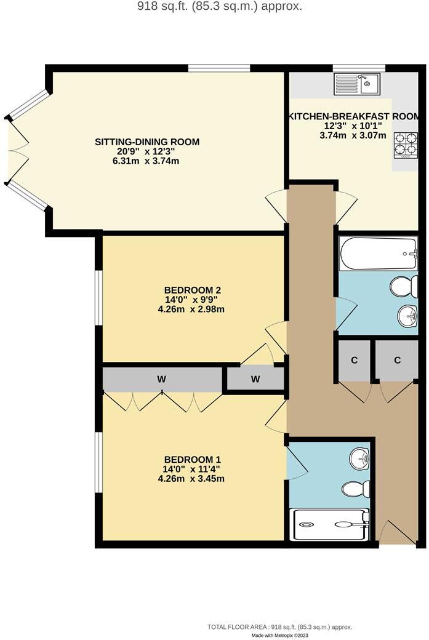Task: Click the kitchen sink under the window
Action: click(358, 84)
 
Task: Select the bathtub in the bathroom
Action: click(378, 254)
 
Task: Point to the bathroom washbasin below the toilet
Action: click(407, 317)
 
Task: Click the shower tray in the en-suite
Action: click(329, 524)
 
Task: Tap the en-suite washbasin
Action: click(359, 458)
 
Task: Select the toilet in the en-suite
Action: click(356, 489)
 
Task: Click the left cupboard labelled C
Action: click(354, 361)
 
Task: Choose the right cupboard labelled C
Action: click(397, 361)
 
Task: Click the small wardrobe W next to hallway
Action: click(255, 379)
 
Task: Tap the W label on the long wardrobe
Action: click(161, 380)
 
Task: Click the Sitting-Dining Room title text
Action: click(147, 142)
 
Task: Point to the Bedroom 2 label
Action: click(192, 290)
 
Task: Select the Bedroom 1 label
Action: click(192, 459)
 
